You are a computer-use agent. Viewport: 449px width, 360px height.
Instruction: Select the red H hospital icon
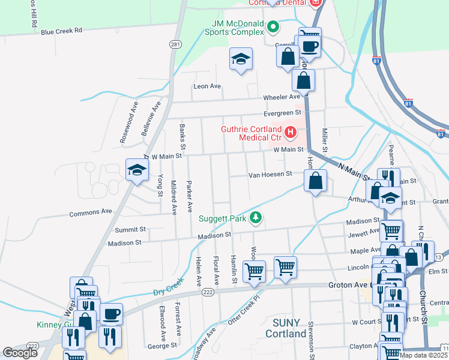point(291,132)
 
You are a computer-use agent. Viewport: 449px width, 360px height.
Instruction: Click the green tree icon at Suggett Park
point(256,217)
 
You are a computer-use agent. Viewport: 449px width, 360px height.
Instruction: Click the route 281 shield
point(175,45)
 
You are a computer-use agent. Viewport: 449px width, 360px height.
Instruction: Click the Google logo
point(20,353)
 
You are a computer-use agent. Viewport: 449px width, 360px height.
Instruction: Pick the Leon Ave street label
point(207,86)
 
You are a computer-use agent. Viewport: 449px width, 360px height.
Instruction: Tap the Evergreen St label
point(282,113)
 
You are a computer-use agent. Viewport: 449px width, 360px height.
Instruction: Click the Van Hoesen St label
point(270,175)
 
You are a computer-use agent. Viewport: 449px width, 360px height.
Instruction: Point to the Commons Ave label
point(91,212)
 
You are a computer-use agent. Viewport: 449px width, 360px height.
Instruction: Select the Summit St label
point(130,229)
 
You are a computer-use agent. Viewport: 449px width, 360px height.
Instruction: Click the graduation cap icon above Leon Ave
point(241,59)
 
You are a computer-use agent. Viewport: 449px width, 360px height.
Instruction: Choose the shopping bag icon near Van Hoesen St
point(315,180)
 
